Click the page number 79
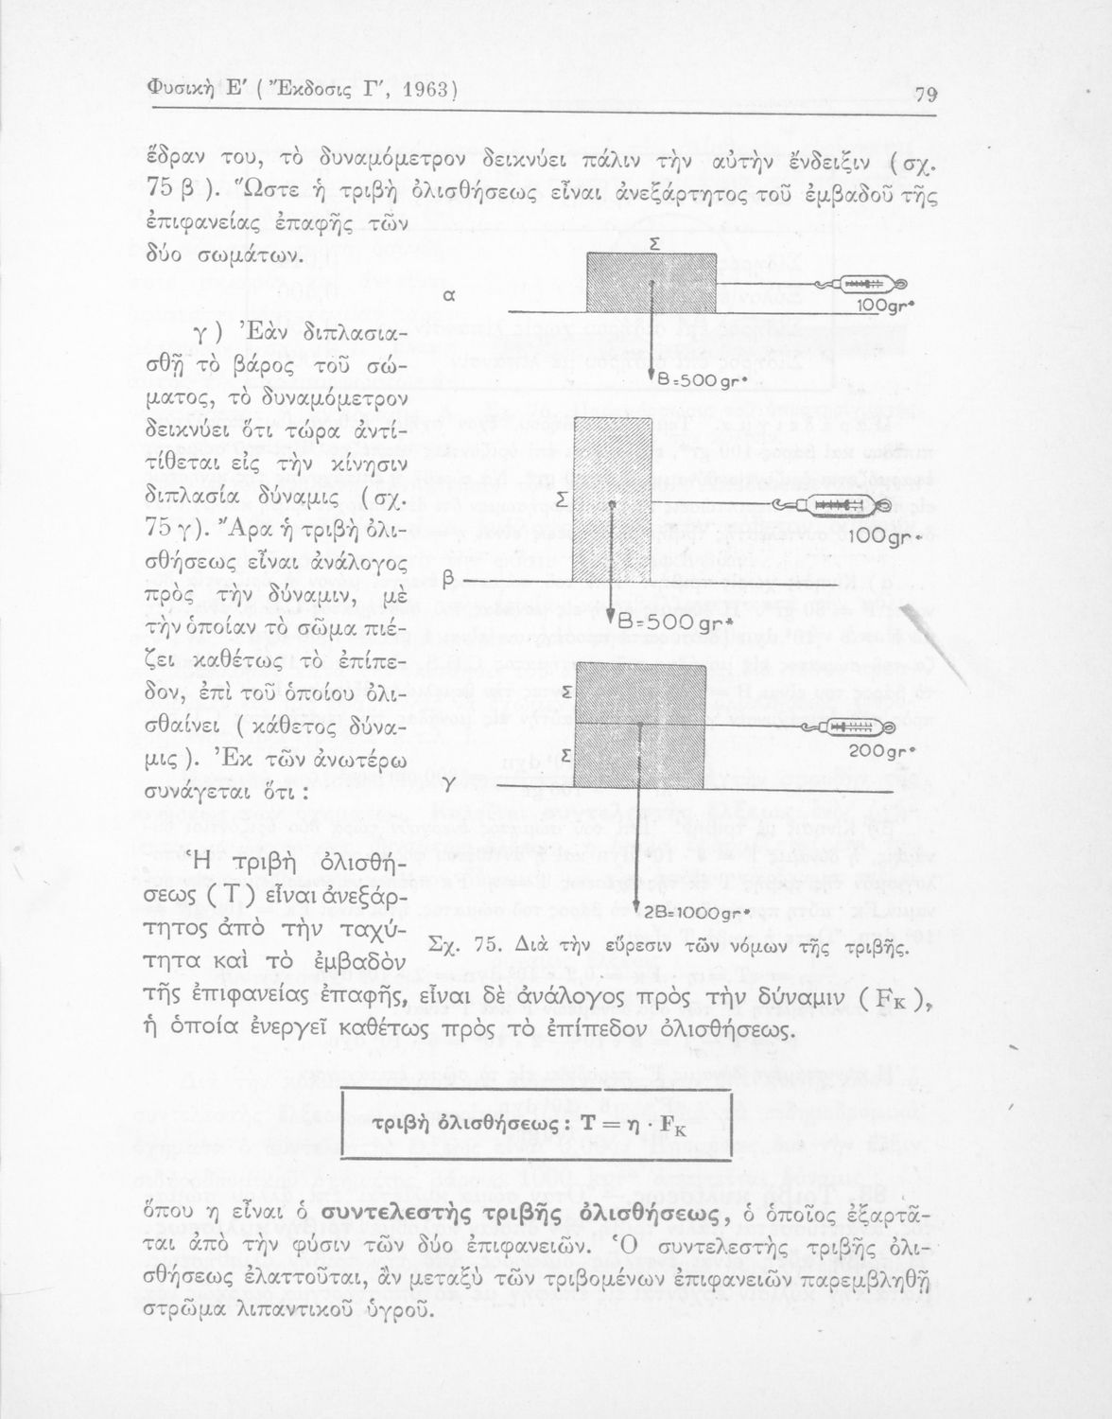point(925,94)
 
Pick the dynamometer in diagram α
point(860,284)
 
